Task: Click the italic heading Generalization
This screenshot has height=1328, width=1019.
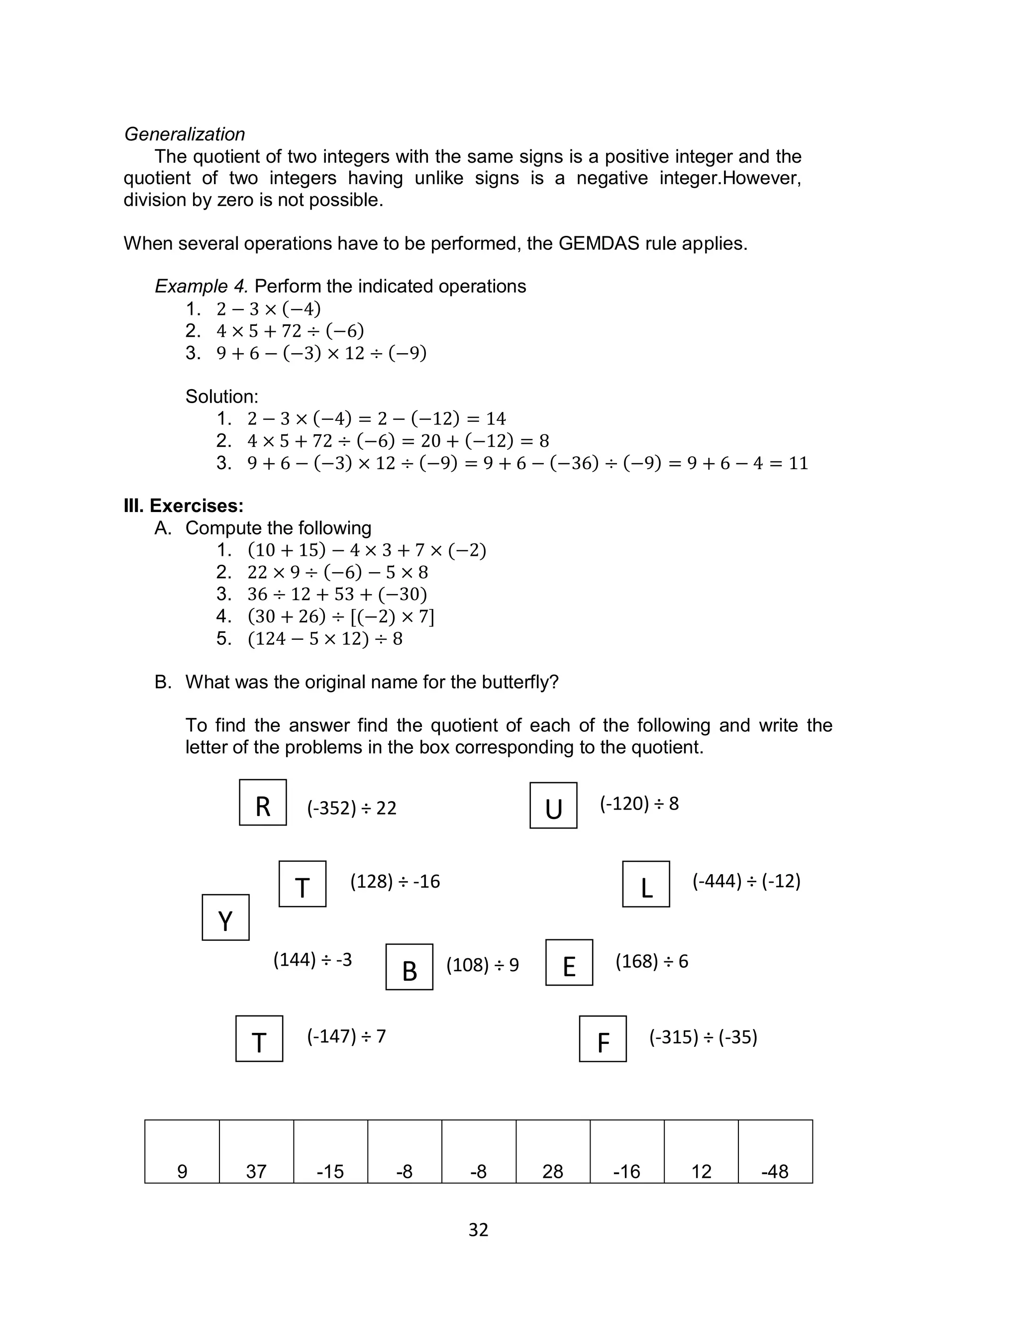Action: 185,134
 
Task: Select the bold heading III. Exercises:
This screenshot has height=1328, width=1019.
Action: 183,506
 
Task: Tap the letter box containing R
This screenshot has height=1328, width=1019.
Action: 263,802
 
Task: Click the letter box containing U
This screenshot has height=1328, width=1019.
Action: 553,805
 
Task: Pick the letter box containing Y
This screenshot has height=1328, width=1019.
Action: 225,918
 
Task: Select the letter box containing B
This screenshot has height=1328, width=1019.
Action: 409,967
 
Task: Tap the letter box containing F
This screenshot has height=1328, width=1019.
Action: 603,1039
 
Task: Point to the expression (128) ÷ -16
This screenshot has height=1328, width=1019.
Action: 395,882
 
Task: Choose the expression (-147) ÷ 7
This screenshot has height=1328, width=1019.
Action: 346,1036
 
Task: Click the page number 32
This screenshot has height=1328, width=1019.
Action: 478,1230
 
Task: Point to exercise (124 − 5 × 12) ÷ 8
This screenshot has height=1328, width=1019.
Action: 324,638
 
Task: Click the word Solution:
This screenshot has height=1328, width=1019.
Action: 221,397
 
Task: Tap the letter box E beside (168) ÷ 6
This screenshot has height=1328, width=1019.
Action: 569,962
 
